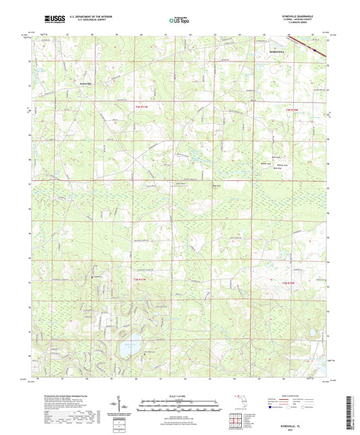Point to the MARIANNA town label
click(x=276, y=50)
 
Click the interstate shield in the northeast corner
click(x=313, y=47)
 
